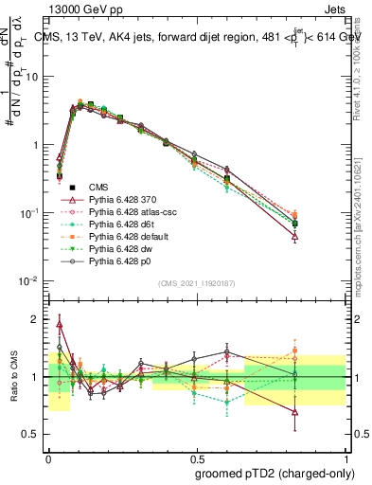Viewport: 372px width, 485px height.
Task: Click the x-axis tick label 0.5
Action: (x=197, y=457)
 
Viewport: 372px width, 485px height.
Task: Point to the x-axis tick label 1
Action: (x=345, y=457)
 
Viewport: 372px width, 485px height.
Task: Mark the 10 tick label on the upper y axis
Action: (x=36, y=77)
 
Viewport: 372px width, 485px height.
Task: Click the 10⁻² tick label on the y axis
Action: (x=33, y=281)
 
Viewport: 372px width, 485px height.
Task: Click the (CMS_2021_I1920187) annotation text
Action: (x=196, y=283)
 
